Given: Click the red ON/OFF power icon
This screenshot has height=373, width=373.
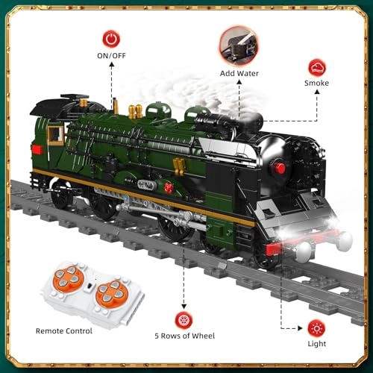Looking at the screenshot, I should [x=111, y=38].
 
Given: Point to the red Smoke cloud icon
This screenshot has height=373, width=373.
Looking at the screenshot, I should [x=316, y=66].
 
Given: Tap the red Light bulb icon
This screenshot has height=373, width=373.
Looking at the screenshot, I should [x=316, y=328].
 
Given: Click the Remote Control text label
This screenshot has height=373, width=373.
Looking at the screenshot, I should [x=64, y=330].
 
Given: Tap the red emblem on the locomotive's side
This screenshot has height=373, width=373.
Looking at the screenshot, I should [x=169, y=188].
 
